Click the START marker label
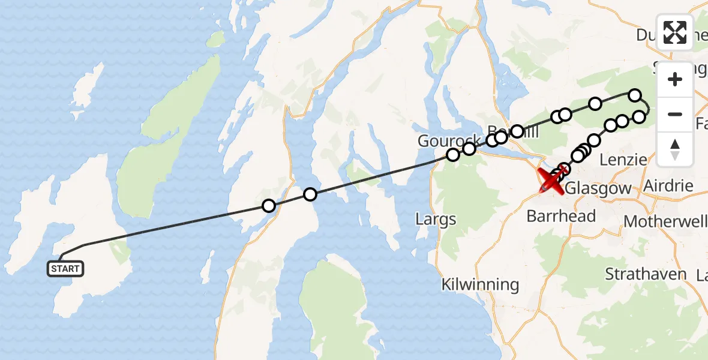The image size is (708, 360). pos(65,269)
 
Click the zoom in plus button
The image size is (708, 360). pos(675,79)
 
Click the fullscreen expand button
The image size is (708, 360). pos(675,32)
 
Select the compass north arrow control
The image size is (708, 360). pos(675,149)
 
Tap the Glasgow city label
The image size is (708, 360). pos(598,188)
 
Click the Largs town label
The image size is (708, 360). pos(436,220)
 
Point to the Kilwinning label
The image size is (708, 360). pos(480,284)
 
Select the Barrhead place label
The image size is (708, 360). pos(561,216)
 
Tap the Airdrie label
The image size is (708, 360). pos(668,186)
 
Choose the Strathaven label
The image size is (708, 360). pos(645,274)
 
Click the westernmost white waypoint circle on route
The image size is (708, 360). pos(269,206)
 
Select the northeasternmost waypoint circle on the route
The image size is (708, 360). pos(635,95)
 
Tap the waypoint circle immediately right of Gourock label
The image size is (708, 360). pos(469,148)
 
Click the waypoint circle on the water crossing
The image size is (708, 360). pos(310,194)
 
